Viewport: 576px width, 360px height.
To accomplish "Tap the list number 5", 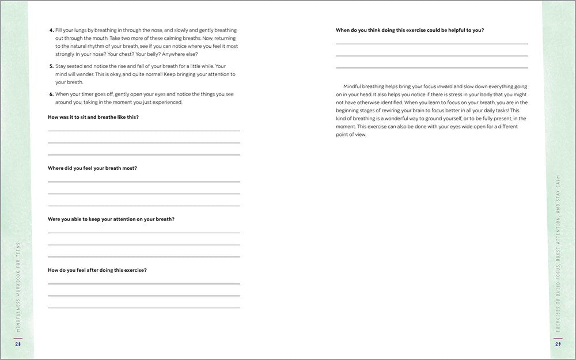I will (51, 66).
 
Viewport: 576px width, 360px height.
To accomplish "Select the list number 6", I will (51, 94).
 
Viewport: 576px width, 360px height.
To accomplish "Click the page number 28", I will (18, 345).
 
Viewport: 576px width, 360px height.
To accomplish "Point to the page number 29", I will (558, 345).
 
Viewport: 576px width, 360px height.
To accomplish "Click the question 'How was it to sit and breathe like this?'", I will (93, 118).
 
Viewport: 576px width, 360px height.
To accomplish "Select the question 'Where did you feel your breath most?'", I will (92, 168).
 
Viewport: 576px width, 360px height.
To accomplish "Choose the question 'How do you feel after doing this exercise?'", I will (97, 270).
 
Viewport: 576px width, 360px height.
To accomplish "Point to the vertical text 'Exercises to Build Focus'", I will (558, 253).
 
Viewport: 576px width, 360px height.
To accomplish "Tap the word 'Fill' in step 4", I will (59, 30).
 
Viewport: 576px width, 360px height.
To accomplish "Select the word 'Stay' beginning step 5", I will (62, 66).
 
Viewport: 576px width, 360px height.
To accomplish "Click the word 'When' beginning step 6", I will (63, 94).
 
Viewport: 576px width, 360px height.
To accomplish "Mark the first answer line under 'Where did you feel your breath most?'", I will (144, 181).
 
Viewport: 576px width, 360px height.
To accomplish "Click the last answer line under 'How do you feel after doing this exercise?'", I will (144, 308).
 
